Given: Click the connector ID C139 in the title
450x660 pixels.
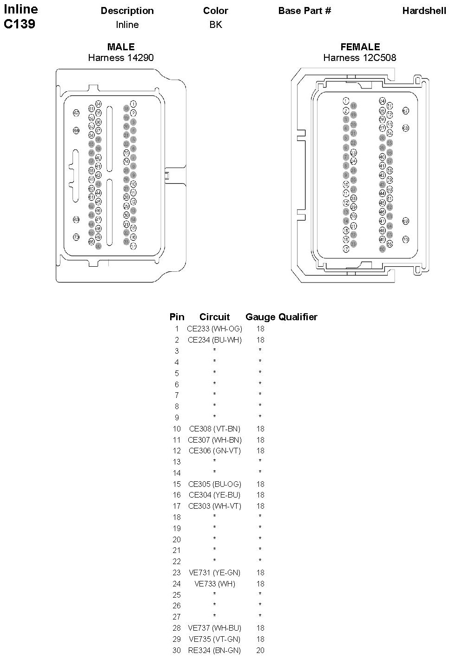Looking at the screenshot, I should tap(20, 24).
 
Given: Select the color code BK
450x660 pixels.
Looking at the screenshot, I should tap(216, 25).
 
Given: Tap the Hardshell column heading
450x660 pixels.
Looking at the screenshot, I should tap(424, 11).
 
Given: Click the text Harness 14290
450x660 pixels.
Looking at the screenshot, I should tap(121, 58).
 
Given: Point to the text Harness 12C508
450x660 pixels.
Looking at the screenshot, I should tap(360, 58).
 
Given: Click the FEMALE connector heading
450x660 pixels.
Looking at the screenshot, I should tap(360, 47).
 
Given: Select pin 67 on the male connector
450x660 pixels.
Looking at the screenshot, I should tap(76, 113).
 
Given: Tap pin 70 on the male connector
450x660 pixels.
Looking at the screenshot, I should tap(76, 237).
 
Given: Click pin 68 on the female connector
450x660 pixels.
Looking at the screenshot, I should tap(405, 128).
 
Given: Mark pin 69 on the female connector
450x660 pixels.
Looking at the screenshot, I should tap(405, 221).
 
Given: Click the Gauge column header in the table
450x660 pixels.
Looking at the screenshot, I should tap(260, 317).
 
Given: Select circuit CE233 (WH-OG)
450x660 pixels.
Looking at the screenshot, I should tap(214, 329).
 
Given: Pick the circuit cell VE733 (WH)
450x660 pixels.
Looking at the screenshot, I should tap(214, 584).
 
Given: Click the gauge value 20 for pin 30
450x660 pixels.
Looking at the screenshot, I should tap(260, 650).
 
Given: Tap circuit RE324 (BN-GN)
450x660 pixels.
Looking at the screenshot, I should tap(214, 650).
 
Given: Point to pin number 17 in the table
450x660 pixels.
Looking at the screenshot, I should tap(177, 506).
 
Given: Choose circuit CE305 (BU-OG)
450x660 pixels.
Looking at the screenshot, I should tap(214, 484).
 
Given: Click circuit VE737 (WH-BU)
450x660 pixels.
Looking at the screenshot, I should tap(214, 628).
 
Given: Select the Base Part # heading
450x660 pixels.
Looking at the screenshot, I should tap(304, 11).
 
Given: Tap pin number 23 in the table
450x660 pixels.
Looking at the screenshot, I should tap(177, 572).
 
